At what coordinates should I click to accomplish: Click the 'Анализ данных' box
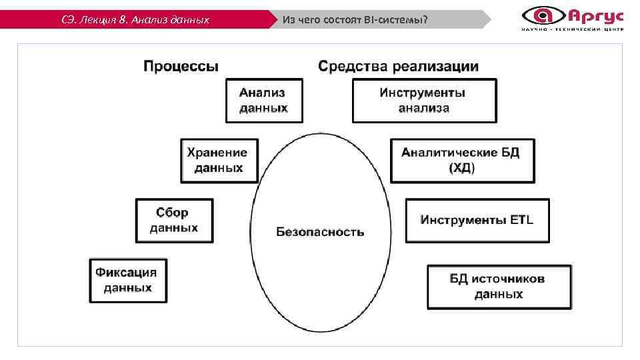click(x=264, y=101)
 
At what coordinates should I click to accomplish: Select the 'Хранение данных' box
click(x=219, y=160)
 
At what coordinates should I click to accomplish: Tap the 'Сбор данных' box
click(x=174, y=220)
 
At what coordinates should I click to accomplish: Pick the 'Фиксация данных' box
click(x=128, y=280)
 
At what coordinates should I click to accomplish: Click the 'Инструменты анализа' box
click(x=424, y=101)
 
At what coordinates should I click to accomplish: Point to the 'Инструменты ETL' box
click(x=477, y=220)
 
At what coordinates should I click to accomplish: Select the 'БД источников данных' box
click(x=499, y=286)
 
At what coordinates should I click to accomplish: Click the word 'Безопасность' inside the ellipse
click(x=320, y=232)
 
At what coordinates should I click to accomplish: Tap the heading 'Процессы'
click(x=181, y=66)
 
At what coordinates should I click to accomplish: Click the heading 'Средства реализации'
click(x=398, y=66)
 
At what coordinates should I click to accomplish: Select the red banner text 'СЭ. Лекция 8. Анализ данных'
click(x=135, y=19)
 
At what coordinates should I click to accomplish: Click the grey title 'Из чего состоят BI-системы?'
click(x=355, y=19)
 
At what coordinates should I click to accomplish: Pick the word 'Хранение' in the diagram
click(x=217, y=153)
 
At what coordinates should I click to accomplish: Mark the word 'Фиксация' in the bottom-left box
click(x=127, y=272)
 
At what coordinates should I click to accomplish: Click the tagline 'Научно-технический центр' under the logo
click(x=573, y=29)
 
